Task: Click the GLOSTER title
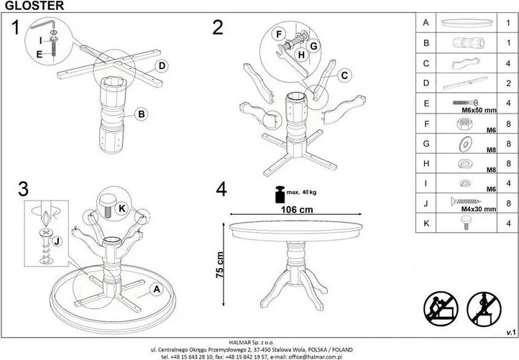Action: pos(35,5)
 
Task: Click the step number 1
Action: pos(15,27)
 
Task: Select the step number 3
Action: pos(23,189)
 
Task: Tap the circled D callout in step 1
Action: pos(162,66)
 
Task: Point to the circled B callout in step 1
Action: pos(142,114)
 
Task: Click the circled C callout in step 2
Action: pos(344,75)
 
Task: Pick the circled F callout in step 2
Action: pos(279,34)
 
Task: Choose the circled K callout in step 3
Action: pos(122,208)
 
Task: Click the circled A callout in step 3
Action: pos(156,289)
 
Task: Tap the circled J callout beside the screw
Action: pos(57,241)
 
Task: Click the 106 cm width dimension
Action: pos(297,209)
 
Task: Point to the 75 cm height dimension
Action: pos(220,264)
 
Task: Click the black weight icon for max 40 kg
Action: pos(280,194)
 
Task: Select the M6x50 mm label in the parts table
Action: pos(479,110)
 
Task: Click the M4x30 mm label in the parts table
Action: pos(479,209)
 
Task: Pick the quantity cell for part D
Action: pos(508,83)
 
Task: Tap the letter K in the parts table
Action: pos(426,223)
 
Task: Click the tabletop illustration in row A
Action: pos(467,23)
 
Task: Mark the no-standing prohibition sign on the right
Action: pos(484,308)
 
